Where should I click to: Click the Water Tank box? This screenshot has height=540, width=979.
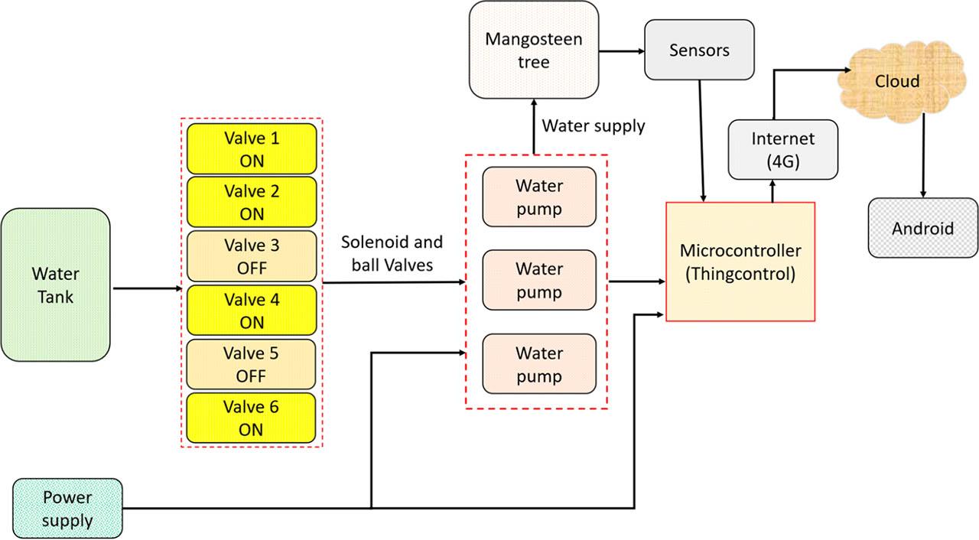click(55, 285)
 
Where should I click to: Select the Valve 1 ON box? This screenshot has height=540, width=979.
click(251, 149)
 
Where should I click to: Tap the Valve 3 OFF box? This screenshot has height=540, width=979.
click(251, 256)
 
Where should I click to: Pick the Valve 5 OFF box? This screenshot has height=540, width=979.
click(251, 364)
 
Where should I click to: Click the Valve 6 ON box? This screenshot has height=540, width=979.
click(251, 418)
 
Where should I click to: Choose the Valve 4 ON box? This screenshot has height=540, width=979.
click(251, 311)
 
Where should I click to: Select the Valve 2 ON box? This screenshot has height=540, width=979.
click(251, 202)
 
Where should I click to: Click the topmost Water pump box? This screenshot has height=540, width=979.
click(538, 197)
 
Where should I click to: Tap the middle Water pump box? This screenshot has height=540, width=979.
click(538, 280)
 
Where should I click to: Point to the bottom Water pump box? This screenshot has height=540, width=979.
click(538, 364)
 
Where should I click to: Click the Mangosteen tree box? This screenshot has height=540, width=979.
click(533, 50)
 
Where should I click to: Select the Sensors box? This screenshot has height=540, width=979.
click(699, 50)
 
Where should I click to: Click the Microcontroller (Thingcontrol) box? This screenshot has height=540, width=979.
click(740, 262)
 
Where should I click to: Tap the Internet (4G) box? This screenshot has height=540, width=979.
click(782, 149)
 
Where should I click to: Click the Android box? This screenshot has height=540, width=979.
click(922, 227)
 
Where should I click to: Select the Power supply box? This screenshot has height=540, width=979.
click(67, 509)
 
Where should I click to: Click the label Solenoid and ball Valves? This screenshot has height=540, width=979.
click(392, 254)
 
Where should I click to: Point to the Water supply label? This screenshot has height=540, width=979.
click(593, 125)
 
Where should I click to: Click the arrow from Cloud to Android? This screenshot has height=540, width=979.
click(923, 153)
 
